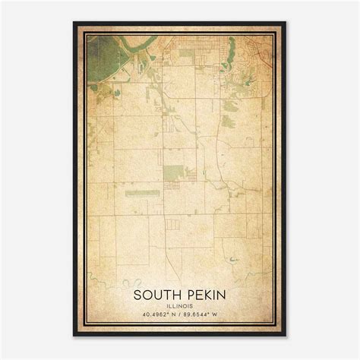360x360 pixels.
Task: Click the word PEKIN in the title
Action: [x=203, y=293]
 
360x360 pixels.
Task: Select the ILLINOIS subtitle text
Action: [x=179, y=305]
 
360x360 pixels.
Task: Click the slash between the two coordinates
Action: [x=179, y=314]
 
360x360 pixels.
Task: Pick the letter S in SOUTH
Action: [x=137, y=293]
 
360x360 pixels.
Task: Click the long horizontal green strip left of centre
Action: [x=142, y=193]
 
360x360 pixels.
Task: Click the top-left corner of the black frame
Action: [x=74, y=23]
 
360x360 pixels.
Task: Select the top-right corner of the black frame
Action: [x=286, y=23]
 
